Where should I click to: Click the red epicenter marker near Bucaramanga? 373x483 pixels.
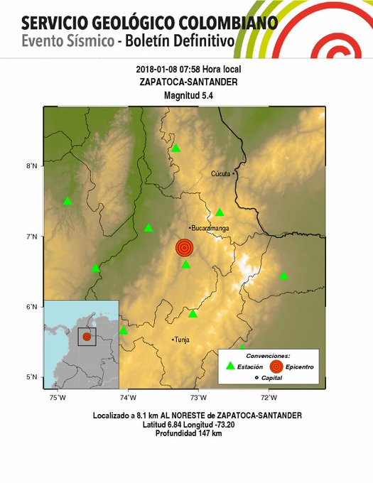click(184, 248)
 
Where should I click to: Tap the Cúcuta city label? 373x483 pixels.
click(221, 173)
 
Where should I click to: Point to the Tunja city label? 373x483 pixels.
click(183, 340)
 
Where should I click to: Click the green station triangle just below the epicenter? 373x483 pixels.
click(185, 264)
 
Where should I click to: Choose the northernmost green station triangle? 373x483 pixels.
click(175, 148)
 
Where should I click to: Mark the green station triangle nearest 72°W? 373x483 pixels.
click(283, 276)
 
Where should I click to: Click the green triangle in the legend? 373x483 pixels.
click(229, 366)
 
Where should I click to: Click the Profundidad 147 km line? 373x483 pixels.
click(187, 433)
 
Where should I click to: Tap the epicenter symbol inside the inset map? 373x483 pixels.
click(87, 337)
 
